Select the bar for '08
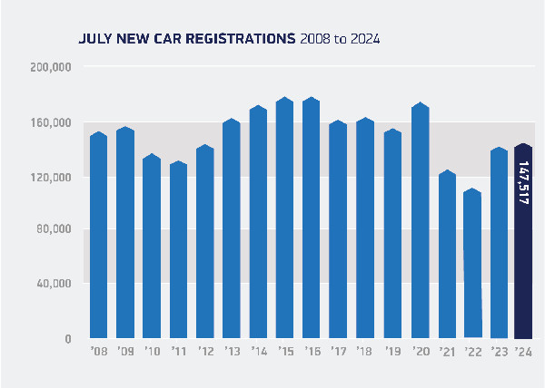point(98,236)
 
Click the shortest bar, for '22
point(471,263)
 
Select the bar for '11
point(178,249)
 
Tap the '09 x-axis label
point(125,351)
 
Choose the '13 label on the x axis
point(232,351)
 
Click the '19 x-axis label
point(392,351)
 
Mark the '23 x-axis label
point(499,351)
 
